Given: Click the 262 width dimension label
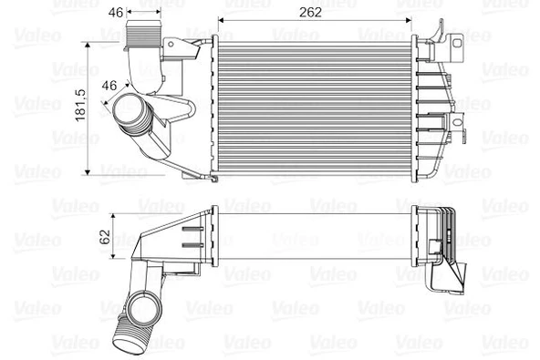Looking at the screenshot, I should (x=315, y=13).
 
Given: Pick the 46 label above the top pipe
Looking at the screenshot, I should (x=116, y=13).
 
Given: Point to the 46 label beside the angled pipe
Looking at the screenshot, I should (x=108, y=86).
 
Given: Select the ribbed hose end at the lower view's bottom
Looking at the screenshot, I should (x=126, y=341).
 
